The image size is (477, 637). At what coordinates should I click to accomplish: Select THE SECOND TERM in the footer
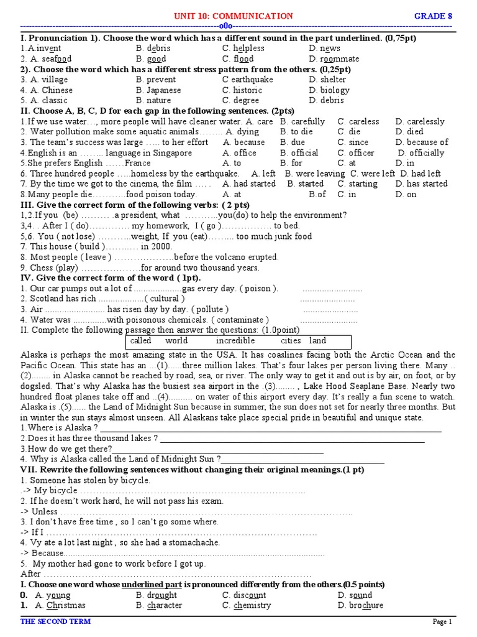tap(55, 621)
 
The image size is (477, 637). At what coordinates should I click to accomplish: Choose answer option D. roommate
tap(334, 59)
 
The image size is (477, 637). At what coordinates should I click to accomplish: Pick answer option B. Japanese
tap(158, 90)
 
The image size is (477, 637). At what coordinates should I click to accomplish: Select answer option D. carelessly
tap(420, 122)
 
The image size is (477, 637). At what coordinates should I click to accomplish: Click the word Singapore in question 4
tap(173, 153)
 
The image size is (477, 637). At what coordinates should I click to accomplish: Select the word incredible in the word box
tap(235, 341)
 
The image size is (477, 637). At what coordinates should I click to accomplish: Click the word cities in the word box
tap(291, 341)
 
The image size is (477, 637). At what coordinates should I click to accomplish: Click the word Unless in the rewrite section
tap(45, 511)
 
